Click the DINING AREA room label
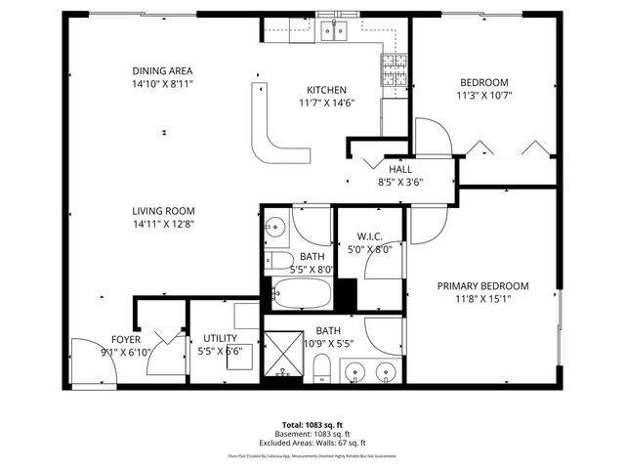(x=162, y=71)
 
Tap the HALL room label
(x=399, y=168)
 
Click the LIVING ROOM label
(x=164, y=211)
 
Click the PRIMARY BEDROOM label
(x=482, y=286)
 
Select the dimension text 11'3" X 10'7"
(x=484, y=96)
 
